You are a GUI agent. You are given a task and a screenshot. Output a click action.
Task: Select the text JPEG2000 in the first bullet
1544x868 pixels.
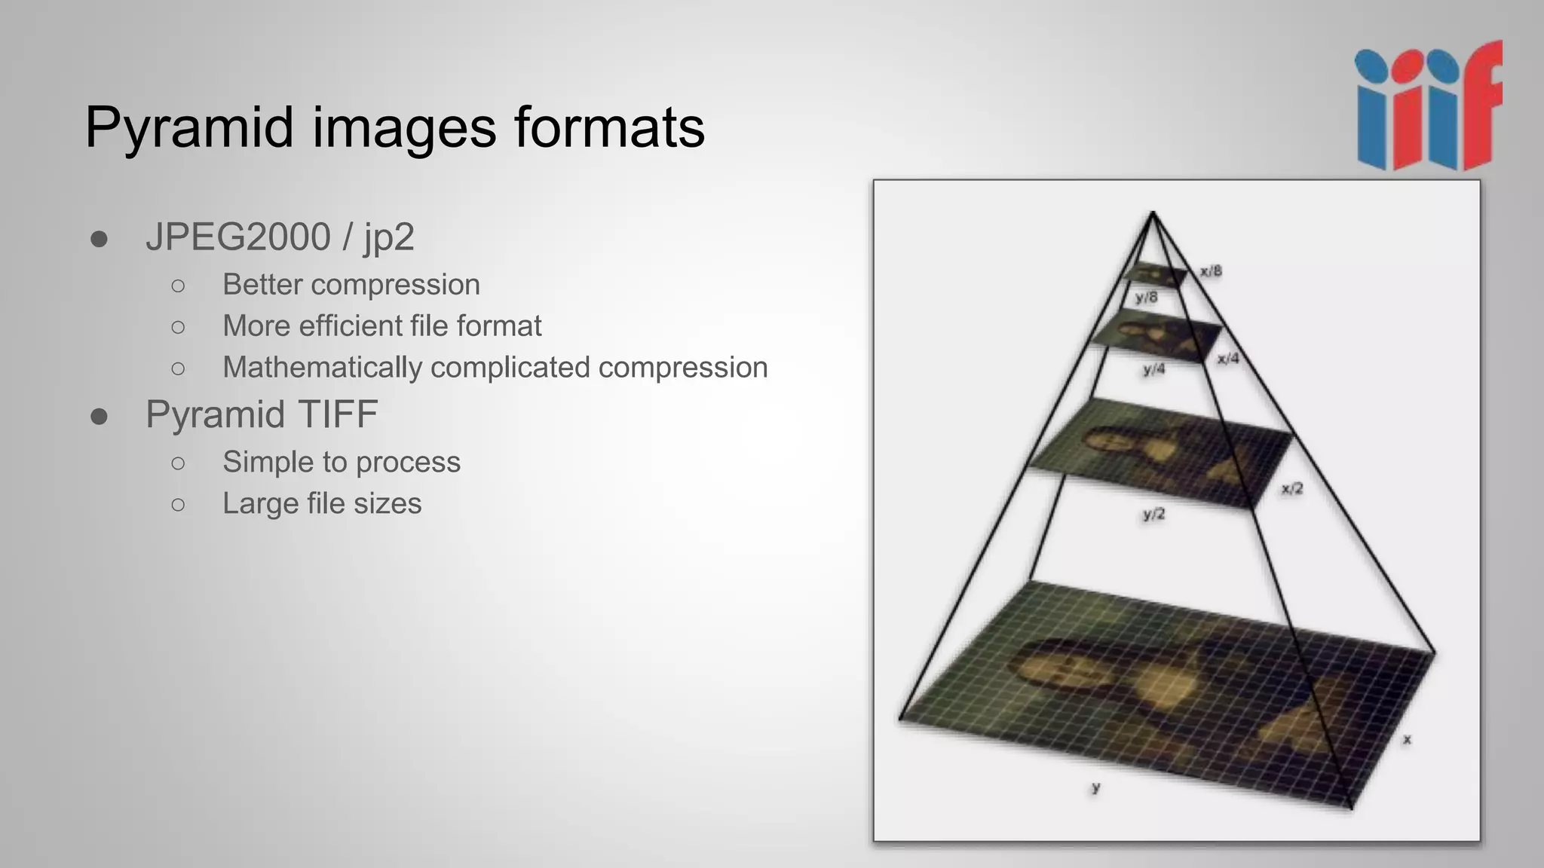[x=238, y=237]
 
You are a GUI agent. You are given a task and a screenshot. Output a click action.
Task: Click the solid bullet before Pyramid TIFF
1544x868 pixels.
[x=99, y=416]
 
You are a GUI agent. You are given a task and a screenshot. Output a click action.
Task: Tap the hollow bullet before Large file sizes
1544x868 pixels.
[x=178, y=504]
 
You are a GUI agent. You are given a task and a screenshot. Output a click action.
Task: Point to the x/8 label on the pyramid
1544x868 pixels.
[x=1211, y=271]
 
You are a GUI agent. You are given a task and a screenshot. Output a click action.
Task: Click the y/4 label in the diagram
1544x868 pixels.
[x=1153, y=369]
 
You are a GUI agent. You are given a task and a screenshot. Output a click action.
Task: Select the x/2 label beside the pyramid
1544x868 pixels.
[x=1292, y=489]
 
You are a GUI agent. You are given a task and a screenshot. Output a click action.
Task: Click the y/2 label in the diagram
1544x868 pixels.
[x=1153, y=515]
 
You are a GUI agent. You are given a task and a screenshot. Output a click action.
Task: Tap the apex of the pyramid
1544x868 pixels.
[x=1152, y=214]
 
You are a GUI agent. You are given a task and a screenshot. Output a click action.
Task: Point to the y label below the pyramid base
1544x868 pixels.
[x=1095, y=787]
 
